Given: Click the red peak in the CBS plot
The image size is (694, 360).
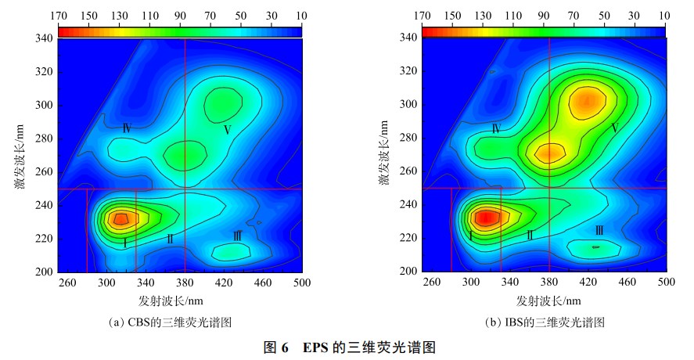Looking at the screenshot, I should (x=120, y=218).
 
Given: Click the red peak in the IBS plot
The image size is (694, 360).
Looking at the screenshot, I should (x=486, y=218).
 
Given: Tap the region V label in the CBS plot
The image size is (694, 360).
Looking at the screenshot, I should (x=227, y=130).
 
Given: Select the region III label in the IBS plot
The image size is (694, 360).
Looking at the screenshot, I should (x=599, y=230).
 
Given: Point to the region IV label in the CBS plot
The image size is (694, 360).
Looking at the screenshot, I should (x=125, y=128).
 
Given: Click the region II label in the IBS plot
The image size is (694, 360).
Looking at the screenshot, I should (x=530, y=235).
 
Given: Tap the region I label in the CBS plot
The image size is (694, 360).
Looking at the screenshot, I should (x=124, y=243).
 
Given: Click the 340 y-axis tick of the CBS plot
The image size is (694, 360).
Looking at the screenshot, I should (x=44, y=38).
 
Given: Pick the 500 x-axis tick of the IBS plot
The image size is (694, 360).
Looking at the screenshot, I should (x=666, y=283).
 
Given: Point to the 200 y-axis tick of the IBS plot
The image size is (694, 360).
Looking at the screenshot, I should (x=408, y=272).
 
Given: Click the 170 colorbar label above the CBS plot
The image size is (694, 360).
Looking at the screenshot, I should (x=57, y=16).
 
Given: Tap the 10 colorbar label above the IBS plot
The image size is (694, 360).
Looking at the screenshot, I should (x=664, y=16).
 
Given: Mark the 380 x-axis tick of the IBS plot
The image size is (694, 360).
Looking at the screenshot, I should (x=549, y=283).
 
